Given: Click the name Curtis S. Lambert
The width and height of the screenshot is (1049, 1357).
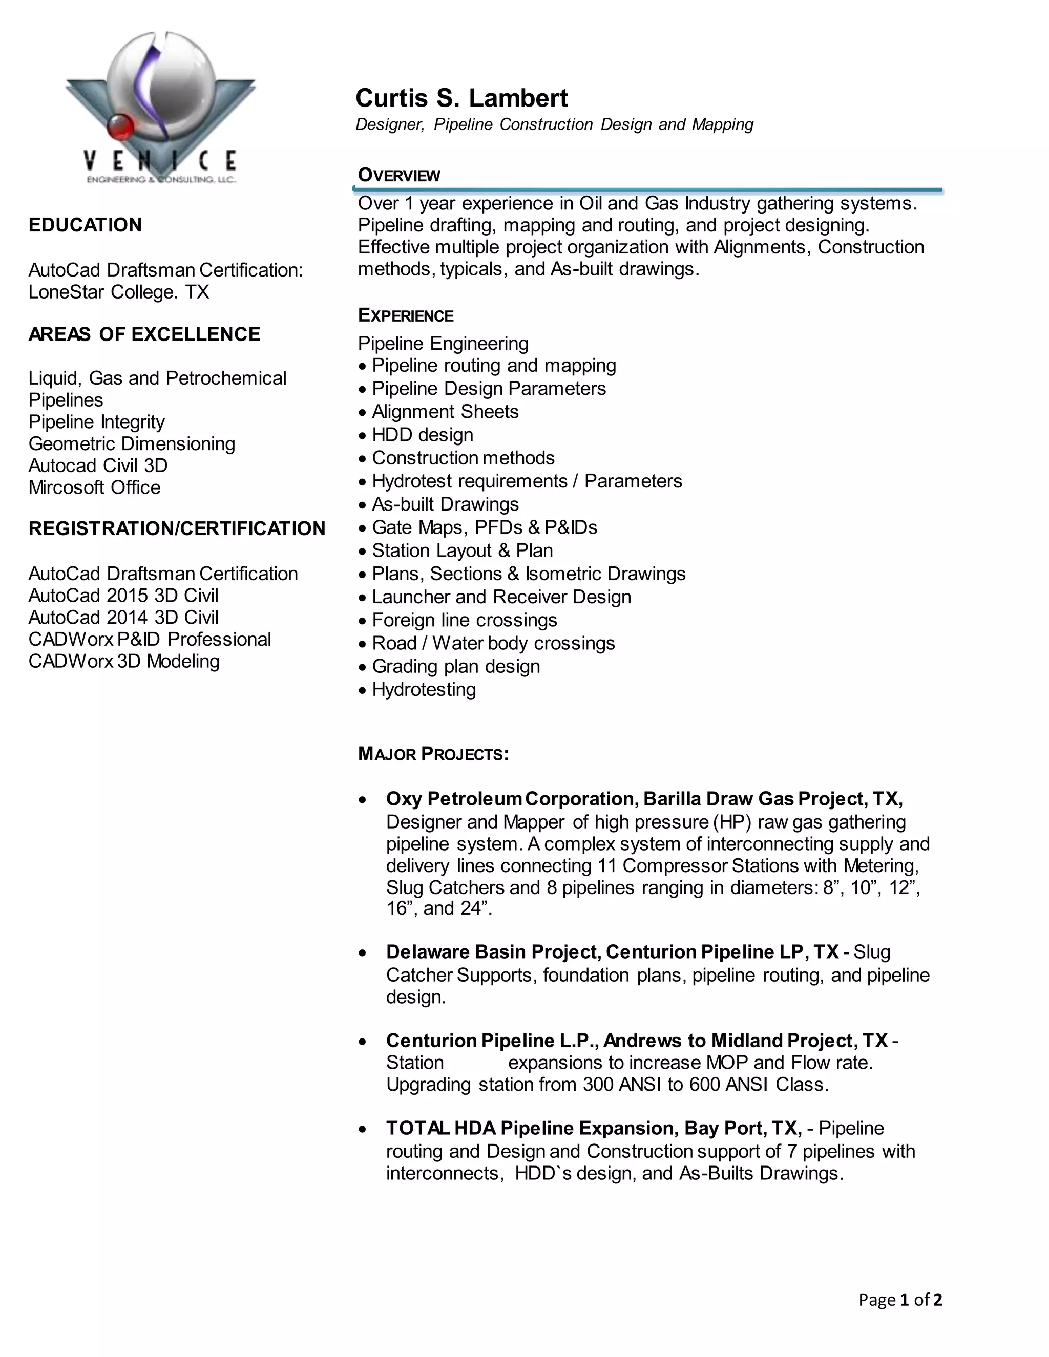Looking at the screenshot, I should (x=461, y=98).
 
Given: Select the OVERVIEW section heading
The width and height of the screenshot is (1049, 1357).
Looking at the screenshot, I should (x=399, y=175).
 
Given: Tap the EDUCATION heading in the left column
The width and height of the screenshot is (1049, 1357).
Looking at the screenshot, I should (x=85, y=225).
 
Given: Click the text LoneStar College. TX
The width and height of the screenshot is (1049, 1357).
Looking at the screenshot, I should (x=119, y=292).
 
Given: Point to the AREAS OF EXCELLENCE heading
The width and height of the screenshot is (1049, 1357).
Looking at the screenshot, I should (x=144, y=334).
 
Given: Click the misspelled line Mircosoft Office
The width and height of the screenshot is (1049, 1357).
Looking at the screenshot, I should (x=94, y=487).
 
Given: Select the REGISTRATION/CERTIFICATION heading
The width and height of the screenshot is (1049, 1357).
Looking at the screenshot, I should (x=177, y=529).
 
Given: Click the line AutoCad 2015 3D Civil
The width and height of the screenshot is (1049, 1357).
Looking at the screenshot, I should (x=123, y=596).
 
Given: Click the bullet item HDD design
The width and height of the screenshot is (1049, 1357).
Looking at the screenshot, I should (x=422, y=435).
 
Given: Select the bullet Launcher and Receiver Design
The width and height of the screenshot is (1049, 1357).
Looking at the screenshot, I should (x=501, y=597).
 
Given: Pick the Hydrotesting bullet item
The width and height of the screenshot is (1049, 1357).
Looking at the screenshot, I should (x=423, y=690).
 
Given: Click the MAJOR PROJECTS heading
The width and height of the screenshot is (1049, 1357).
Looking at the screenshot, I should (x=433, y=754).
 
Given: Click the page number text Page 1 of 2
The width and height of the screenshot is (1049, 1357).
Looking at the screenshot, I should (x=900, y=1300).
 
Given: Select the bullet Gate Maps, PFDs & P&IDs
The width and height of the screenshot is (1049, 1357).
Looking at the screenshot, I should (x=484, y=527).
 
